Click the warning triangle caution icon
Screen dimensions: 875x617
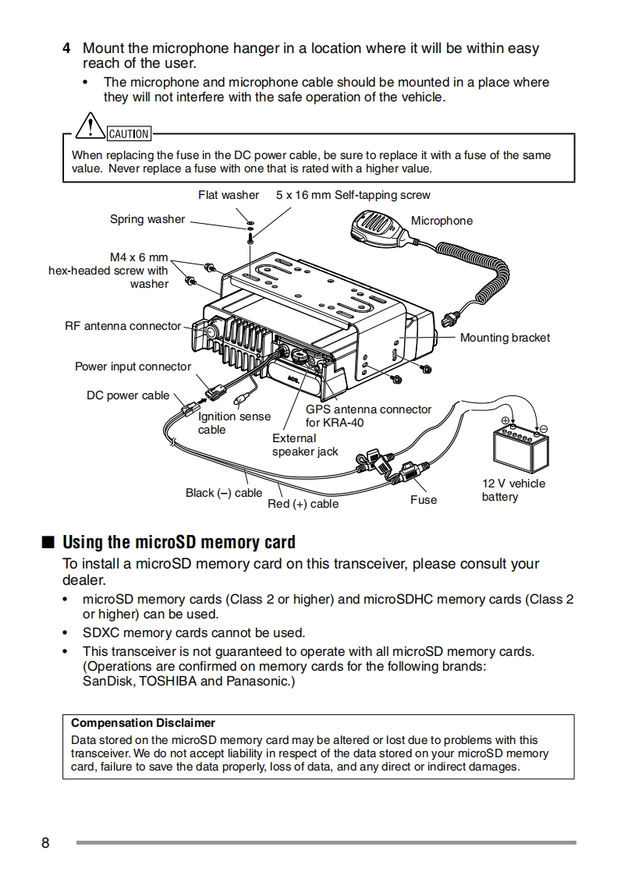[92, 126]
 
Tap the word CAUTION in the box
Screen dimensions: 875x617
[129, 134]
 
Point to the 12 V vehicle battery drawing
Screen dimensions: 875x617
[521, 448]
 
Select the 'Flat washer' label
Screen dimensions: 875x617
[229, 195]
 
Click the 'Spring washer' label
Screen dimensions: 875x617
[147, 219]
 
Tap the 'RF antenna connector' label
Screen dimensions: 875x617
[122, 326]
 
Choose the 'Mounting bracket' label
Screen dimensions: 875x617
[505, 338]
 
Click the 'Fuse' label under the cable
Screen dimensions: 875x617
[424, 500]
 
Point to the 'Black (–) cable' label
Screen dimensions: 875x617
[224, 493]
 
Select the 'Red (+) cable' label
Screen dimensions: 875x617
[303, 504]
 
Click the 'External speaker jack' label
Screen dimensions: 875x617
[305, 445]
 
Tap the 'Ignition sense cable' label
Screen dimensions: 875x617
[234, 423]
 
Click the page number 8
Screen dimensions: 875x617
[45, 843]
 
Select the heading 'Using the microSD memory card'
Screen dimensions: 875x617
[179, 542]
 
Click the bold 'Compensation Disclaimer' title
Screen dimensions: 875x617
[143, 723]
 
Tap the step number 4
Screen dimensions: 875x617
[67, 49]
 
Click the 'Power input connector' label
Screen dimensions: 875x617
[133, 367]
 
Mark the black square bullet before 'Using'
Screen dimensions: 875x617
[48, 542]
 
